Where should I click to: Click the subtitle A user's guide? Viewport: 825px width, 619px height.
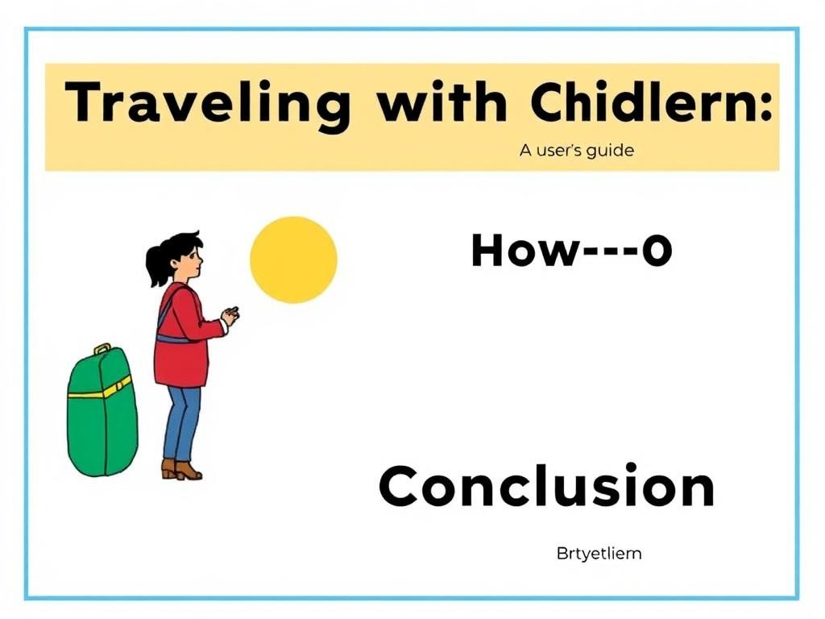[576, 151]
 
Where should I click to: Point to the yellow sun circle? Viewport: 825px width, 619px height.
[293, 260]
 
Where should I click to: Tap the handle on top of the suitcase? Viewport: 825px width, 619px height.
[102, 349]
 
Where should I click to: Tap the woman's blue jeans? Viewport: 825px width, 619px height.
[182, 423]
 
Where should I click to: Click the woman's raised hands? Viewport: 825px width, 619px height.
[230, 315]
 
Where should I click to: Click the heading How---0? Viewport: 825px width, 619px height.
[571, 251]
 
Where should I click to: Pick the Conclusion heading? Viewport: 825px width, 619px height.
[546, 488]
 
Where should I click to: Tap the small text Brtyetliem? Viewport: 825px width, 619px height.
[599, 554]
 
